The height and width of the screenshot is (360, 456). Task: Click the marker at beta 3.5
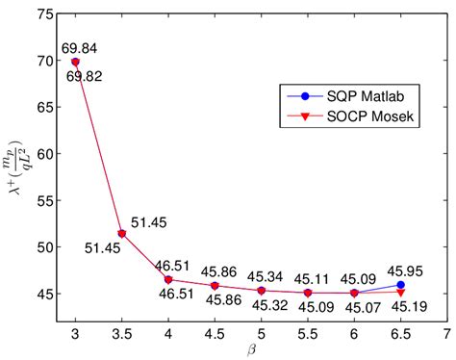tap(122, 233)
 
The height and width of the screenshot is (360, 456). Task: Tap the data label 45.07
tap(356, 308)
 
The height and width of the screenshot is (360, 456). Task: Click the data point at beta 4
tap(168, 279)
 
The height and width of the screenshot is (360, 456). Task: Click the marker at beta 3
tap(76, 62)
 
